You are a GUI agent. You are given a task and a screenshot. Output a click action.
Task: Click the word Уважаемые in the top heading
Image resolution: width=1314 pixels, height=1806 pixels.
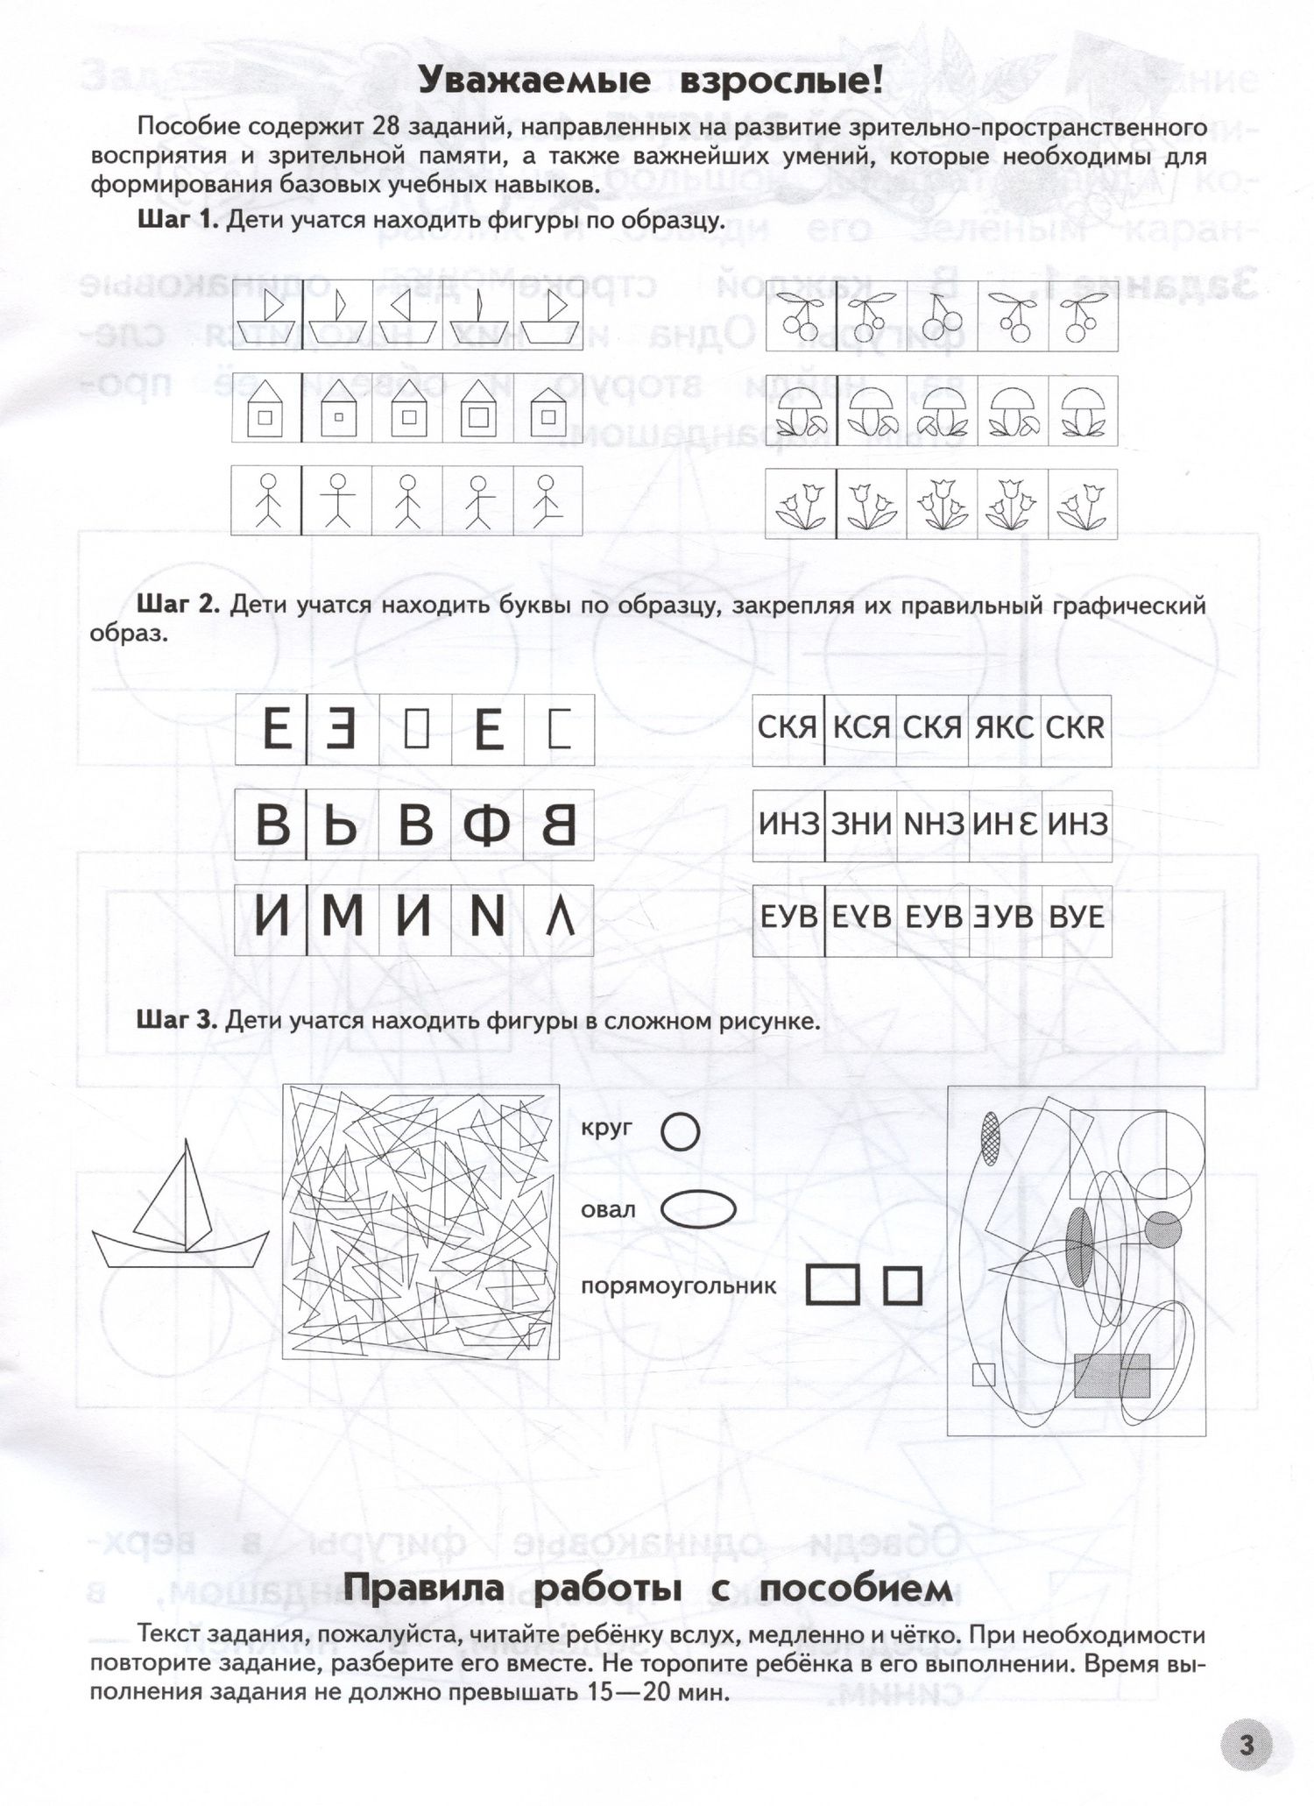click(533, 81)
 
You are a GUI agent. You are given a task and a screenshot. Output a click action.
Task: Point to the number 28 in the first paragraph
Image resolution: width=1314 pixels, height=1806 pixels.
click(386, 127)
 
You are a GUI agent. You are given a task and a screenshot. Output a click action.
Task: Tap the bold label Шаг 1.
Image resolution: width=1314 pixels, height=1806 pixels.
click(178, 219)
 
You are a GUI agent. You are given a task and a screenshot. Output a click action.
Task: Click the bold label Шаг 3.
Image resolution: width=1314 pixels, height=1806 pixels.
click(178, 1020)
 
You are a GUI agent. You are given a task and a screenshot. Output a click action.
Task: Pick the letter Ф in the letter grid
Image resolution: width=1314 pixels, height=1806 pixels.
click(487, 825)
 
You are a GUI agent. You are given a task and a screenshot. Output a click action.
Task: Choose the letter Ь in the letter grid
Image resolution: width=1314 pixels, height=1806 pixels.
click(341, 825)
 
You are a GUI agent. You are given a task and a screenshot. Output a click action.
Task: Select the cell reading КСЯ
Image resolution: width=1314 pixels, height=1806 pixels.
click(860, 728)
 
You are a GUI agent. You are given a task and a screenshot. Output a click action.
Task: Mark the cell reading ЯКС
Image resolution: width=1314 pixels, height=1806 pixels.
click(1004, 728)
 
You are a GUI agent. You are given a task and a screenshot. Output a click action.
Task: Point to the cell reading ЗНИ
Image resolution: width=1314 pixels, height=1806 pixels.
click(860, 823)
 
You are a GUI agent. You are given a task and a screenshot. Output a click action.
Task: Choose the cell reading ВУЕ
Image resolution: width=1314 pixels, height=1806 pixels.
click(1077, 917)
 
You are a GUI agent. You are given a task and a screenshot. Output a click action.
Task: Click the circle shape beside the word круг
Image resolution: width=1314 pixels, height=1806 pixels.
click(680, 1130)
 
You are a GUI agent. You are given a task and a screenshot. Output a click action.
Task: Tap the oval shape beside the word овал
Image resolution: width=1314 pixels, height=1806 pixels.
click(697, 1210)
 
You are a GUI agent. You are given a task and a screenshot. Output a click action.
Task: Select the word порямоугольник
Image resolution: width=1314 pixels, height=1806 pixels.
click(679, 1287)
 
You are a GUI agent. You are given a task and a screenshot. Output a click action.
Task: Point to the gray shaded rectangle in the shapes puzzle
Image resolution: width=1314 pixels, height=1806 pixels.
click(1112, 1375)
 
